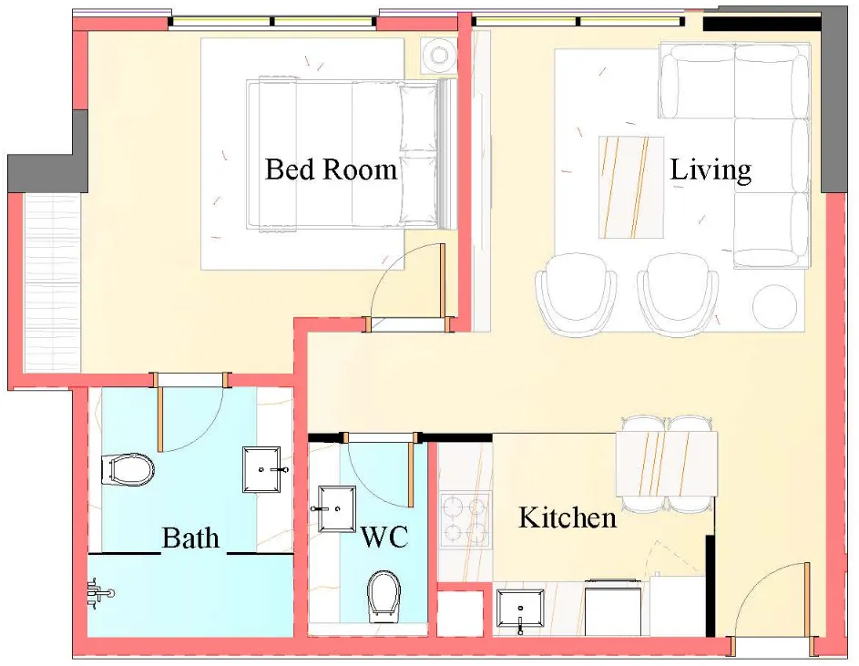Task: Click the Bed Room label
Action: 331,169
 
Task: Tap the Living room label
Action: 711,169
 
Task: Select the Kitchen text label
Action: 567,517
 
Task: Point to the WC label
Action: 383,537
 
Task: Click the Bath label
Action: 190,538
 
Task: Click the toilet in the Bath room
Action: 128,470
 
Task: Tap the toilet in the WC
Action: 383,597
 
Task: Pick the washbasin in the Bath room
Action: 265,470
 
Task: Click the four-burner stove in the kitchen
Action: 465,519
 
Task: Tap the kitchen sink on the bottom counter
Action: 521,608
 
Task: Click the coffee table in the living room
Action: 631,187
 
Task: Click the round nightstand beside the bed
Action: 438,56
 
